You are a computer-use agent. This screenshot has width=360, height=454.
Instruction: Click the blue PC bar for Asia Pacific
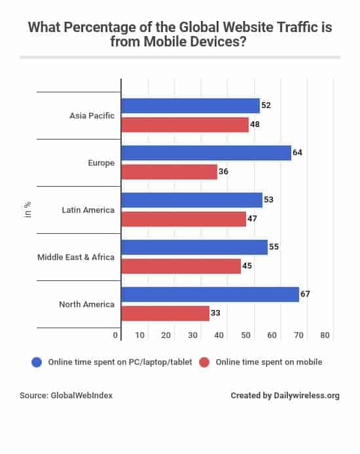[190, 106]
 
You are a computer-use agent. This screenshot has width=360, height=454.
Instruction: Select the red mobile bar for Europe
[170, 172]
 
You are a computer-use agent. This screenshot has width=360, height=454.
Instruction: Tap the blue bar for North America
[210, 295]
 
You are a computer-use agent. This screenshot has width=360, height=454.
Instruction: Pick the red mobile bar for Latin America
[184, 219]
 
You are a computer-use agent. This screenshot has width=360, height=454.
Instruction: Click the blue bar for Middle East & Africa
[194, 248]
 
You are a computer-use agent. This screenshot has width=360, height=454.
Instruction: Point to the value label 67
[305, 294]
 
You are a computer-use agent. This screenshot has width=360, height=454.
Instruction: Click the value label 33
[215, 313]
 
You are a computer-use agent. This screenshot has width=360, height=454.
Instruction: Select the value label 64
[297, 153]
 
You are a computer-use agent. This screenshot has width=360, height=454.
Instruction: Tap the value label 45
[247, 266]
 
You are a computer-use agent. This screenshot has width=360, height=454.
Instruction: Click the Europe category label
[100, 162]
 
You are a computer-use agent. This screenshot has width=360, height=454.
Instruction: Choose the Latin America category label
[88, 210]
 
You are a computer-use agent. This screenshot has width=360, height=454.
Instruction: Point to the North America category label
[87, 304]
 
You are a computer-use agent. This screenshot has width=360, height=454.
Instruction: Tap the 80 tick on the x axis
[325, 335]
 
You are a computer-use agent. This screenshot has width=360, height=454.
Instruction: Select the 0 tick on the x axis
[117, 335]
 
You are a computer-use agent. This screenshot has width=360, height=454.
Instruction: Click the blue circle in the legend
[37, 362]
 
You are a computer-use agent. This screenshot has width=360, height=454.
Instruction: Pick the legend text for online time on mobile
[269, 362]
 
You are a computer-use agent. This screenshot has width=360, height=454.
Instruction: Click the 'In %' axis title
[27, 210]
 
